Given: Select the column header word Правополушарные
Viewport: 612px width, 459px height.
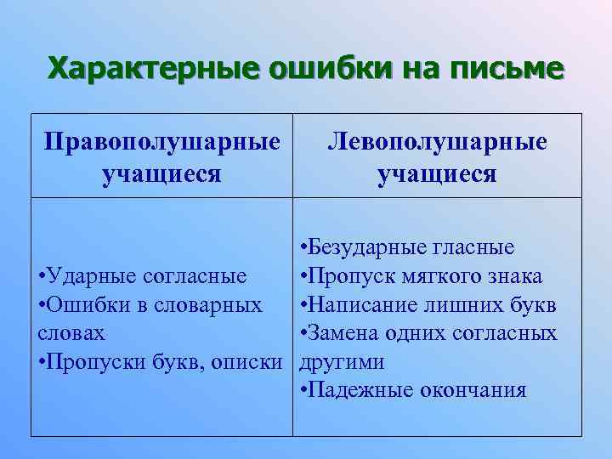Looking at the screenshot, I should [x=162, y=141].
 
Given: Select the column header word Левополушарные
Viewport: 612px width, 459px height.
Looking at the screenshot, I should [x=438, y=141].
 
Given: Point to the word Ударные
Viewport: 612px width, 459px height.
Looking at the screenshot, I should [x=85, y=275].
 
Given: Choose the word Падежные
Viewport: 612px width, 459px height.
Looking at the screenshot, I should [x=358, y=389].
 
